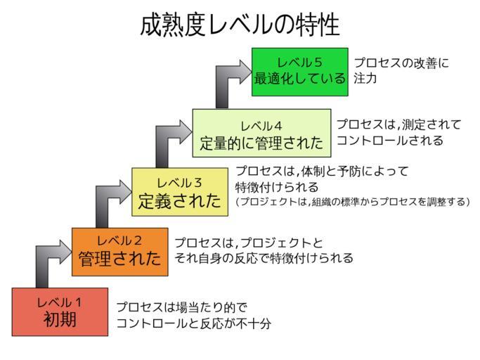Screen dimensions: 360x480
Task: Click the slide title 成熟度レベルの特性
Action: tap(240, 25)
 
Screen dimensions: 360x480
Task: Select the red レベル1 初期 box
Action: tap(60, 311)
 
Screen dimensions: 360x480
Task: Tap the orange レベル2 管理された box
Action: tap(119, 252)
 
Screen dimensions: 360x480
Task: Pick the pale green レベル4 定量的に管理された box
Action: tap(261, 134)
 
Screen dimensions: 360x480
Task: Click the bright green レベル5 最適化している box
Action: tap(299, 71)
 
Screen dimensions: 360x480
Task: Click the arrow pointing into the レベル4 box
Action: tap(169, 145)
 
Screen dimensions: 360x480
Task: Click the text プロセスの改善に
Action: tap(401, 63)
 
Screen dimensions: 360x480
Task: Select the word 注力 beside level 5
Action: tap(365, 79)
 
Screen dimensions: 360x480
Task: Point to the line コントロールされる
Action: tap(390, 141)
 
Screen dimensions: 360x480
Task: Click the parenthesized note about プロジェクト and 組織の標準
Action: tap(352, 202)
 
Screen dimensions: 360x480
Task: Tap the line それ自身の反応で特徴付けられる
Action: tap(264, 258)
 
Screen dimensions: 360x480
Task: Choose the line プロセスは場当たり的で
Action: tap(182, 307)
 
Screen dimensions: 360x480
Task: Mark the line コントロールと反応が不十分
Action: tap(193, 323)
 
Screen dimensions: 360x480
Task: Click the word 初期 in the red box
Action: tap(60, 320)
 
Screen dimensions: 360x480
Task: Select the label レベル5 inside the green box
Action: tap(299, 61)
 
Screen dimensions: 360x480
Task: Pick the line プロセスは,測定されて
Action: tap(398, 124)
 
